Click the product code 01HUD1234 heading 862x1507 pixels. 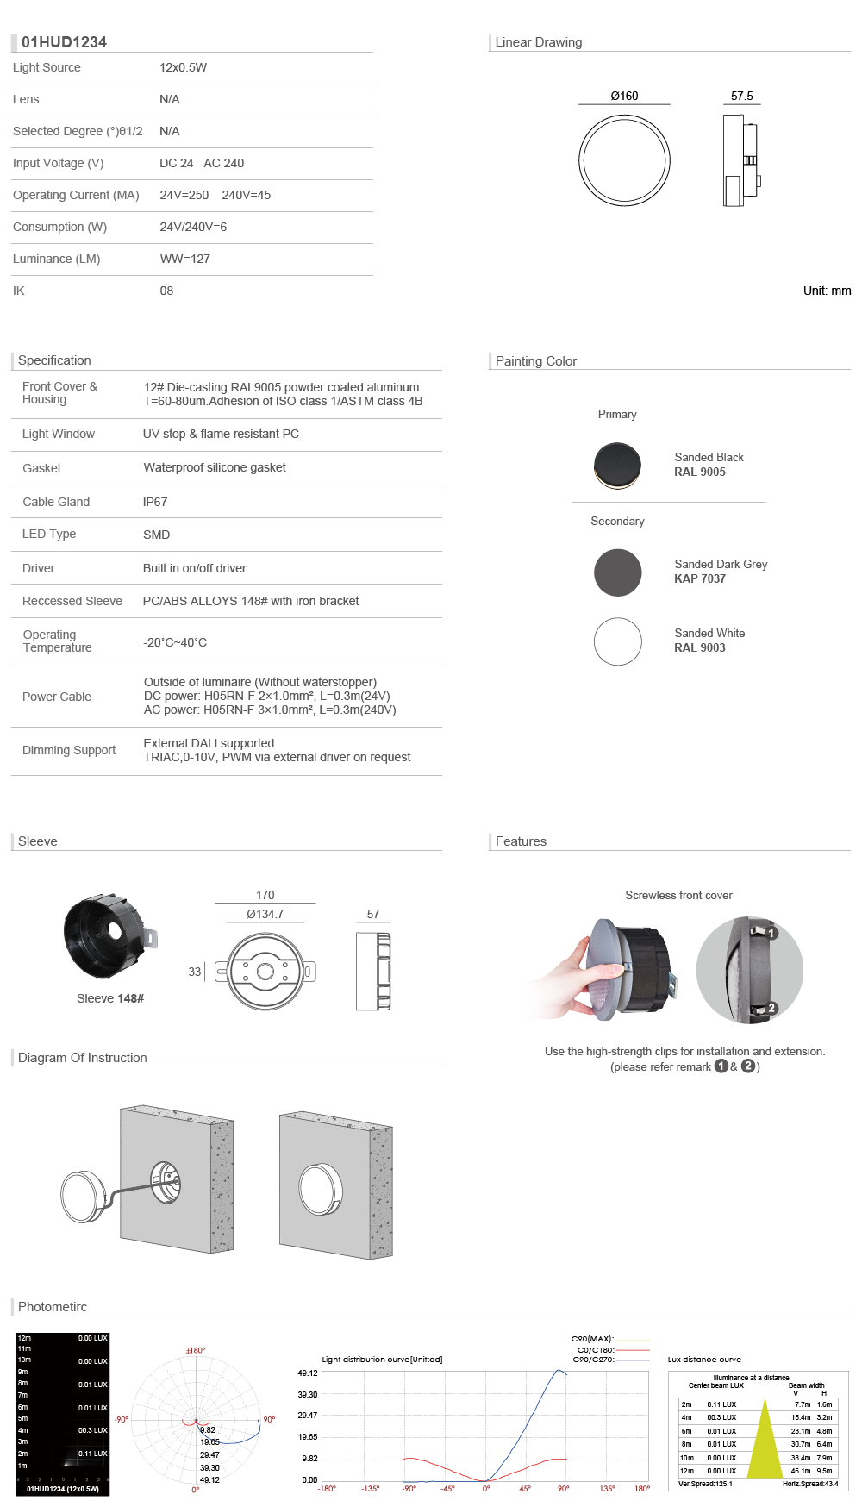[x=64, y=42]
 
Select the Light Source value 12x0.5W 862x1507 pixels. [x=183, y=67]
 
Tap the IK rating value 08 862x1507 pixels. [x=166, y=291]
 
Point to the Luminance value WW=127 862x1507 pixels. [x=184, y=259]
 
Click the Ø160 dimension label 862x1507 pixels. [x=624, y=96]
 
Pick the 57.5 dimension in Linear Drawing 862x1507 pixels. [x=741, y=96]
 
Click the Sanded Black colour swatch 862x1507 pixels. [x=617, y=466]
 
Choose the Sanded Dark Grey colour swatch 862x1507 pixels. [x=617, y=572]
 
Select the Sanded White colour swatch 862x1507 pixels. [x=617, y=641]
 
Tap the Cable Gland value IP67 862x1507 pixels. [x=155, y=502]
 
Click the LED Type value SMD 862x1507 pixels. [x=156, y=535]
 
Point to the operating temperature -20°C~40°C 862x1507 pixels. [x=175, y=642]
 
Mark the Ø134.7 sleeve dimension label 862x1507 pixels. [x=265, y=914]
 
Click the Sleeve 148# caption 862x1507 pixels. [x=110, y=998]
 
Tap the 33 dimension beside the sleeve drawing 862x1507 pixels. [x=195, y=972]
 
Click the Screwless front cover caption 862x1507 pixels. [x=678, y=896]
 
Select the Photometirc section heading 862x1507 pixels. [x=53, y=1307]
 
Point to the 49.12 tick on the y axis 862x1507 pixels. [x=308, y=1373]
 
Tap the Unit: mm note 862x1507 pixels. [x=827, y=291]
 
